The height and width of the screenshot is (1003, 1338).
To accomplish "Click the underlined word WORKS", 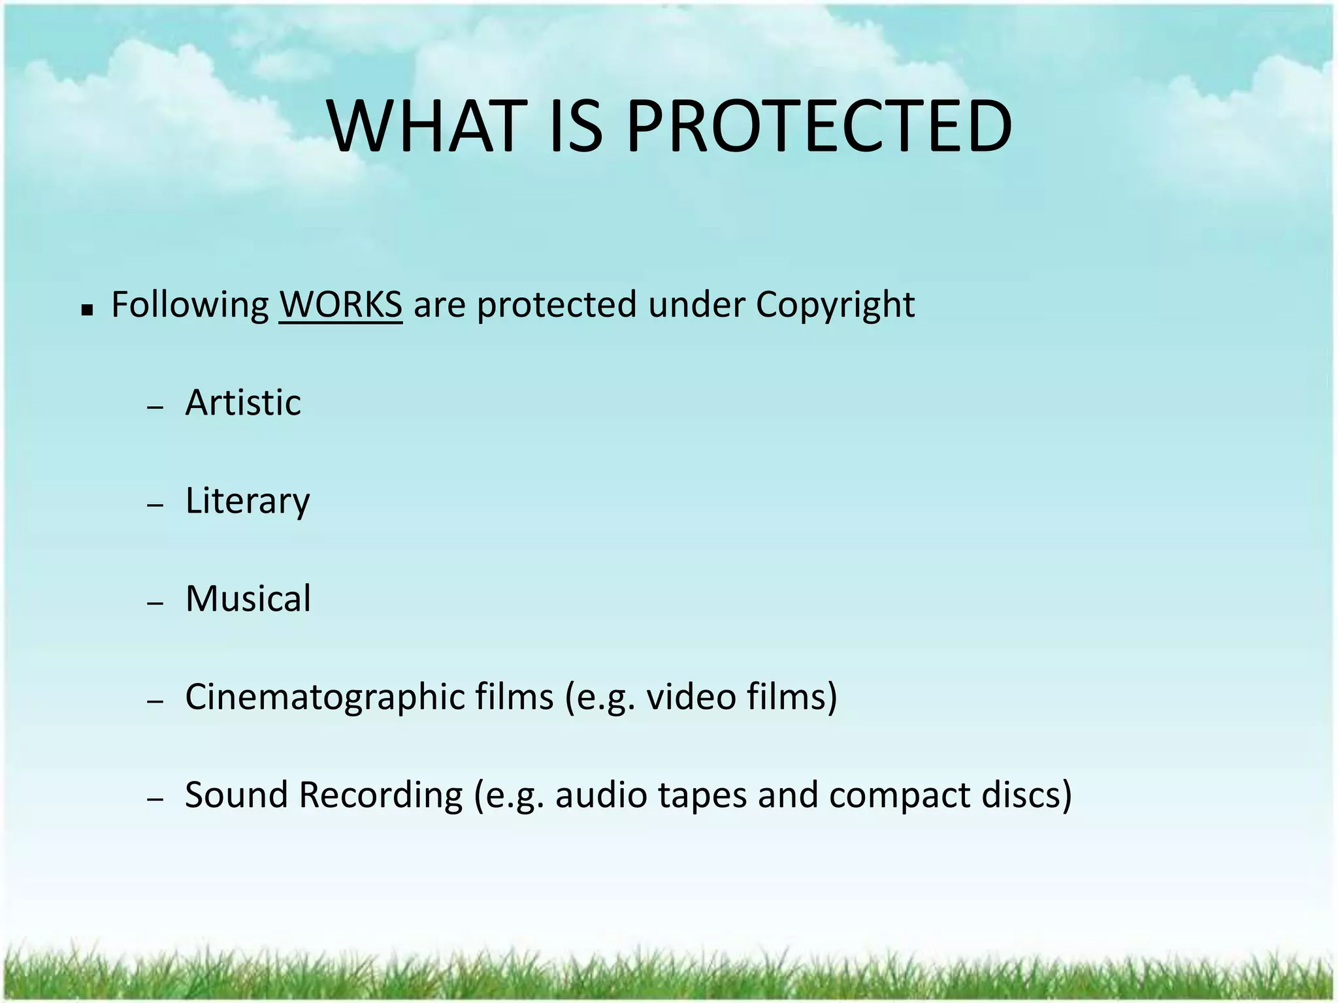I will pyautogui.click(x=340, y=304).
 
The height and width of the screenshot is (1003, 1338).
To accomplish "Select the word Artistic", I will pyautogui.click(x=243, y=402).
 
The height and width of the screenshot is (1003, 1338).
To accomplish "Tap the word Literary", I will pyautogui.click(x=248, y=501).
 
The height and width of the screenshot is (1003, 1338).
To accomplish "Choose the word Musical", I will pyautogui.click(x=248, y=598).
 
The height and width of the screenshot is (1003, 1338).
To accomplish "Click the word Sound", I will pyautogui.click(x=237, y=795).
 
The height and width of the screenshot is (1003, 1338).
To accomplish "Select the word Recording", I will pyautogui.click(x=381, y=796).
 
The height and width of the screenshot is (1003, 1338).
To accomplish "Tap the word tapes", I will pyautogui.click(x=702, y=796).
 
